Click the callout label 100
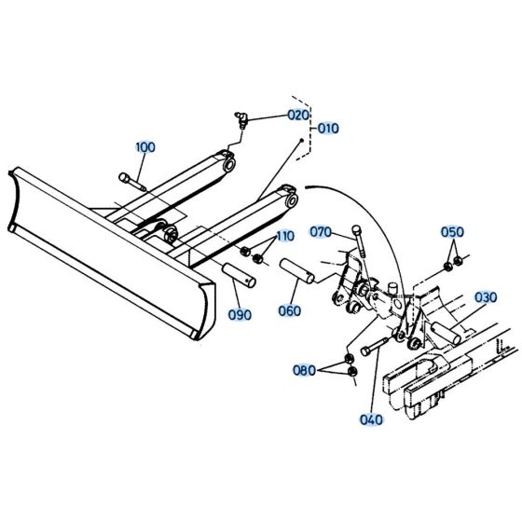point(145,147)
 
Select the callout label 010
point(327,129)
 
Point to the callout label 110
point(283,237)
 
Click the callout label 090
point(240,314)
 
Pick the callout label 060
point(290,310)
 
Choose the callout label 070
point(321,231)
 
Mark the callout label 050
point(452,232)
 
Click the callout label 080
point(304,370)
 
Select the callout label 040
point(371,419)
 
